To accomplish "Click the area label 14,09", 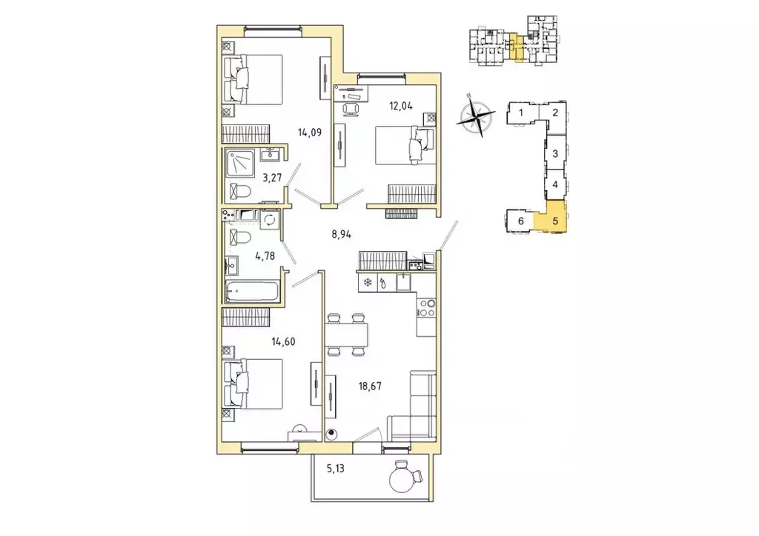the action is tap(310, 132).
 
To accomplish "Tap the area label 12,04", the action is tap(401, 106).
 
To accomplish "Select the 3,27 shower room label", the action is tap(272, 178).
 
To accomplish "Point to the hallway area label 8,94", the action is tap(341, 235).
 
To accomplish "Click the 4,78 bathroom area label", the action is tap(265, 256).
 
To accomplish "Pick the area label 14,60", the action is tap(283, 342).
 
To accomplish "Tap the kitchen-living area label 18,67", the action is tap(369, 386).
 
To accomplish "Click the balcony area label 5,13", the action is tap(336, 469).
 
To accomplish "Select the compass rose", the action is tap(476, 115).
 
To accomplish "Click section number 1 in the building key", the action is tap(521, 113).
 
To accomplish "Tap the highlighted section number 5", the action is tap(555, 221).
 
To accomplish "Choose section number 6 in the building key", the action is tap(521, 221).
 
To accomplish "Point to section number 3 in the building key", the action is tap(555, 154).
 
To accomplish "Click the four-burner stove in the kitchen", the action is tap(426, 308).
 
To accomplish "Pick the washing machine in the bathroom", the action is tap(269, 221).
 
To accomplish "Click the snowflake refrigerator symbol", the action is tap(367, 282).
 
